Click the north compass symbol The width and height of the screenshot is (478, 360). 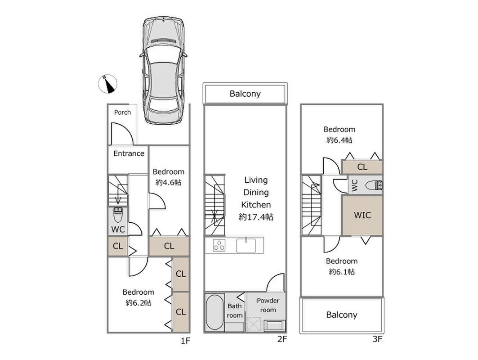107,84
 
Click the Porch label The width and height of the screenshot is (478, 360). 122,112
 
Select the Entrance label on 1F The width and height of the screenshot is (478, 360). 129,153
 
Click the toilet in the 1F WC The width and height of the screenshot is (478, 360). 118,216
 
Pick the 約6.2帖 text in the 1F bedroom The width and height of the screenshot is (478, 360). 138,303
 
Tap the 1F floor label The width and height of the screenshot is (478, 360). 186,341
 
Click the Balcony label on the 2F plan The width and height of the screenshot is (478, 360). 245,94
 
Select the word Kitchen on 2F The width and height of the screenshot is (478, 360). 255,205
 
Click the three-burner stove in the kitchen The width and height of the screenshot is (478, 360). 219,246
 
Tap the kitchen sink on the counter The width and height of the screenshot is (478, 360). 246,246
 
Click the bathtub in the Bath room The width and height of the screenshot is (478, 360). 214,312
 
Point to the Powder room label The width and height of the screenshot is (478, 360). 268,305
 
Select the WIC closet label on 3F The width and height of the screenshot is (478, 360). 362,215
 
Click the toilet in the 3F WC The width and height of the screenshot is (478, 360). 373,185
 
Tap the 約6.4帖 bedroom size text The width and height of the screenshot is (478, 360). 339,140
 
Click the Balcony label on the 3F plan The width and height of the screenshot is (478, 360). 341,315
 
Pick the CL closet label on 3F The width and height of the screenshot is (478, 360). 362,167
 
